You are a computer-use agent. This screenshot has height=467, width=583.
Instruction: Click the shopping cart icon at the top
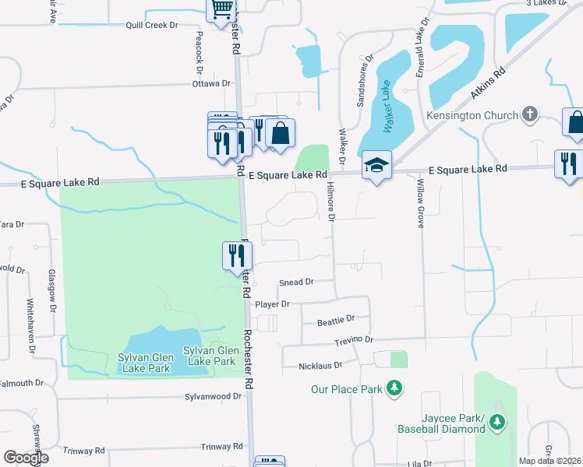click(221, 9)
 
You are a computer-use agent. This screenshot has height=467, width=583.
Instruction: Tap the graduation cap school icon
click(376, 165)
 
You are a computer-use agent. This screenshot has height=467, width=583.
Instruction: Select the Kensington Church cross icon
click(529, 115)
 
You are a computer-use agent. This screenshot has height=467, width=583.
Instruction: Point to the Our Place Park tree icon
click(394, 388)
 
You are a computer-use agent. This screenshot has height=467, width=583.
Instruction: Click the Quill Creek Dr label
click(152, 25)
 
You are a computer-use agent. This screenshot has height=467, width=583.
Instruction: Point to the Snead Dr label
click(296, 282)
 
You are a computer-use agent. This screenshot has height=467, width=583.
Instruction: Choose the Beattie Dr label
click(336, 319)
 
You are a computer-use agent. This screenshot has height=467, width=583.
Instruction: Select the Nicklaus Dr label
click(320, 365)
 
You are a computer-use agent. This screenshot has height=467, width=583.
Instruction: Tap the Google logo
click(26, 458)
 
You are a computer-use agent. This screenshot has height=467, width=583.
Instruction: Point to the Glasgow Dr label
click(52, 290)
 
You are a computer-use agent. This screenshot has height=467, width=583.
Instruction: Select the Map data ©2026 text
click(549, 461)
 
